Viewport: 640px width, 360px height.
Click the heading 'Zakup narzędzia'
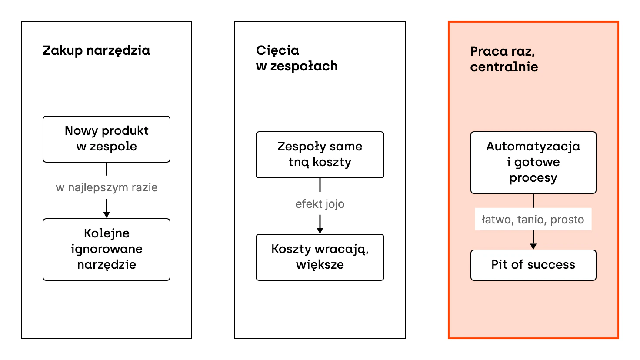click(x=96, y=51)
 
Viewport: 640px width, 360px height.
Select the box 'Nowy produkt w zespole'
click(x=107, y=139)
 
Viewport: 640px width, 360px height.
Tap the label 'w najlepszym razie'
click(x=107, y=188)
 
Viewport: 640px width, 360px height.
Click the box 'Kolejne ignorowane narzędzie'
click(x=107, y=250)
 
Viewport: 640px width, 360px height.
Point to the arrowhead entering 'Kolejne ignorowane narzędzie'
click(x=107, y=215)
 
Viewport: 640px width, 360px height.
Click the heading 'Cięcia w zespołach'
click(x=297, y=58)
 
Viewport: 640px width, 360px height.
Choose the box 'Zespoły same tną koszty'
click(x=320, y=155)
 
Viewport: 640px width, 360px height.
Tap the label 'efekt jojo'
click(x=320, y=204)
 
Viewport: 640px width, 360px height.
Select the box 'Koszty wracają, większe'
click(x=320, y=257)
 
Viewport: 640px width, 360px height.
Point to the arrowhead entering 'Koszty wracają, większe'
click(x=320, y=230)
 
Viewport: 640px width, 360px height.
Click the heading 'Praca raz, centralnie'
click(x=504, y=59)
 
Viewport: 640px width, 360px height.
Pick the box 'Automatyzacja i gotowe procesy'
click(x=533, y=163)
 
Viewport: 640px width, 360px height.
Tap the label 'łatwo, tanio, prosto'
click(x=533, y=220)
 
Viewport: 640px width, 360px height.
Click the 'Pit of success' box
click(x=533, y=265)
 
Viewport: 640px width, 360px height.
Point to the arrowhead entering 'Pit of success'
click(x=533, y=246)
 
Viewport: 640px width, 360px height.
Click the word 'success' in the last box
click(x=551, y=265)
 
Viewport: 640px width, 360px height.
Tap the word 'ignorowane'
click(x=107, y=249)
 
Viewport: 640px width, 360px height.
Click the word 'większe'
click(x=320, y=265)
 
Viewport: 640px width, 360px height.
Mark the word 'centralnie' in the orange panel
click(x=504, y=67)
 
